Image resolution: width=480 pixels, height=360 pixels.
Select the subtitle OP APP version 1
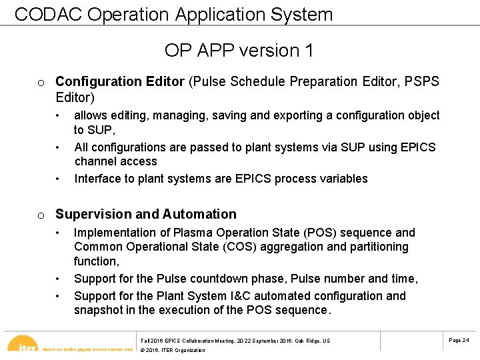pyautogui.click(x=239, y=50)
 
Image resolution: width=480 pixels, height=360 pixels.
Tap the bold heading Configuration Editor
pyautogui.click(x=120, y=81)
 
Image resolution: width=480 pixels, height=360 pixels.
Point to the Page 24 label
pyautogui.click(x=459, y=340)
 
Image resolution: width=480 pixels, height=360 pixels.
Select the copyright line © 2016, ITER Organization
pyautogui.click(x=173, y=350)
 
